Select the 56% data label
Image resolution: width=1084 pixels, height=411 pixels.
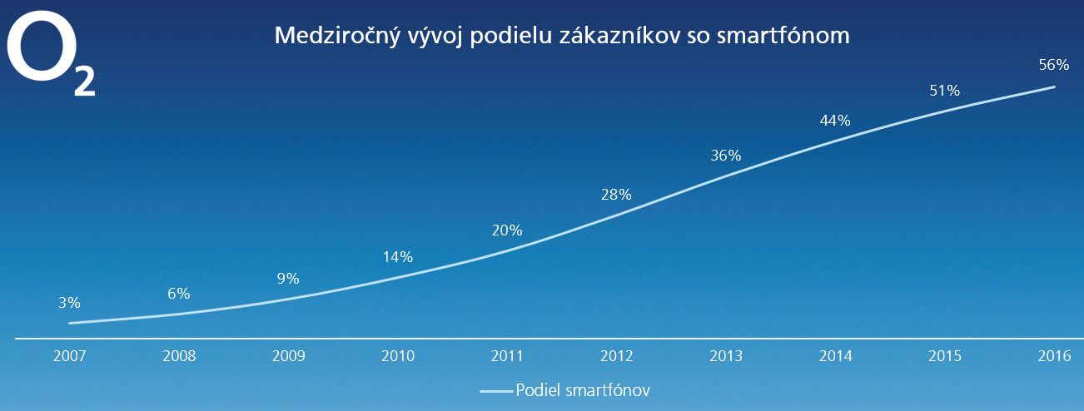pyautogui.click(x=1053, y=65)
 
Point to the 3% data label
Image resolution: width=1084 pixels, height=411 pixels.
pyautogui.click(x=69, y=303)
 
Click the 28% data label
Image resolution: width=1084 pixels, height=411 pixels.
pyautogui.click(x=616, y=195)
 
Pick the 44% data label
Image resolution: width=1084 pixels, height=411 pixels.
pyautogui.click(x=834, y=120)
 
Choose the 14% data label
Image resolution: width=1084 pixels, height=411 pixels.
pyautogui.click(x=397, y=257)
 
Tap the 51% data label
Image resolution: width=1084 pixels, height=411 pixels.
pyautogui.click(x=944, y=91)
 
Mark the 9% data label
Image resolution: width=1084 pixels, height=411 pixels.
pyautogui.click(x=288, y=279)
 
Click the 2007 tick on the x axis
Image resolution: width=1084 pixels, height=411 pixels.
pyautogui.click(x=69, y=356)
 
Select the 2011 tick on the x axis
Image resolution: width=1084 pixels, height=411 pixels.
pyautogui.click(x=507, y=356)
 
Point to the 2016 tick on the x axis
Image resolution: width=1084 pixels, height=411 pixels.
pyautogui.click(x=1055, y=356)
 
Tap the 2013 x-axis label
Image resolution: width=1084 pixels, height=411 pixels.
pyautogui.click(x=726, y=356)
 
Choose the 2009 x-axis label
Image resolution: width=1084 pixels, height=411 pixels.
pyautogui.click(x=288, y=356)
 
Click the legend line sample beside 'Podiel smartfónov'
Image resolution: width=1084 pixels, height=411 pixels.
pyautogui.click(x=496, y=390)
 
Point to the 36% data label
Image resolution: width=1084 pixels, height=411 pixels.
pyautogui.click(x=725, y=156)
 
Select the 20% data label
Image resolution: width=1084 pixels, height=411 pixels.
pyautogui.click(x=506, y=230)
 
